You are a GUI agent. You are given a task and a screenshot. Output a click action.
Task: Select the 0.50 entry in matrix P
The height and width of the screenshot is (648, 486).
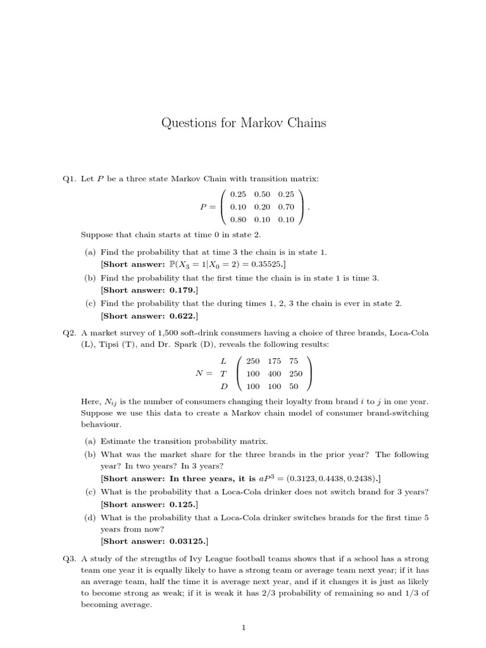[x=262, y=194]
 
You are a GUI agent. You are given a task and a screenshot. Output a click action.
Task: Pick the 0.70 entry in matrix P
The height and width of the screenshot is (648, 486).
[x=286, y=206]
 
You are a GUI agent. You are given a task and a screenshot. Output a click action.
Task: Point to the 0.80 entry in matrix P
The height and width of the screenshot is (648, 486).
[x=238, y=219]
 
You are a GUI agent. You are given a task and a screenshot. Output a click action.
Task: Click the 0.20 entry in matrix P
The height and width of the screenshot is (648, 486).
[x=262, y=206]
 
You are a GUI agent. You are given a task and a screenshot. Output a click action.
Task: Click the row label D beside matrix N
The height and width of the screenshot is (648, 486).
[x=223, y=385]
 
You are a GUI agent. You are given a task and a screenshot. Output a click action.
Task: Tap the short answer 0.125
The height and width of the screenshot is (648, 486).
[x=182, y=504]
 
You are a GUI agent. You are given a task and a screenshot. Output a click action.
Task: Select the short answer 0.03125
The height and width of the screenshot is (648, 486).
[x=187, y=541]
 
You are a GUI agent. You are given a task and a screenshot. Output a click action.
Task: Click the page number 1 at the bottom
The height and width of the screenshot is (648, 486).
[x=243, y=628]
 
